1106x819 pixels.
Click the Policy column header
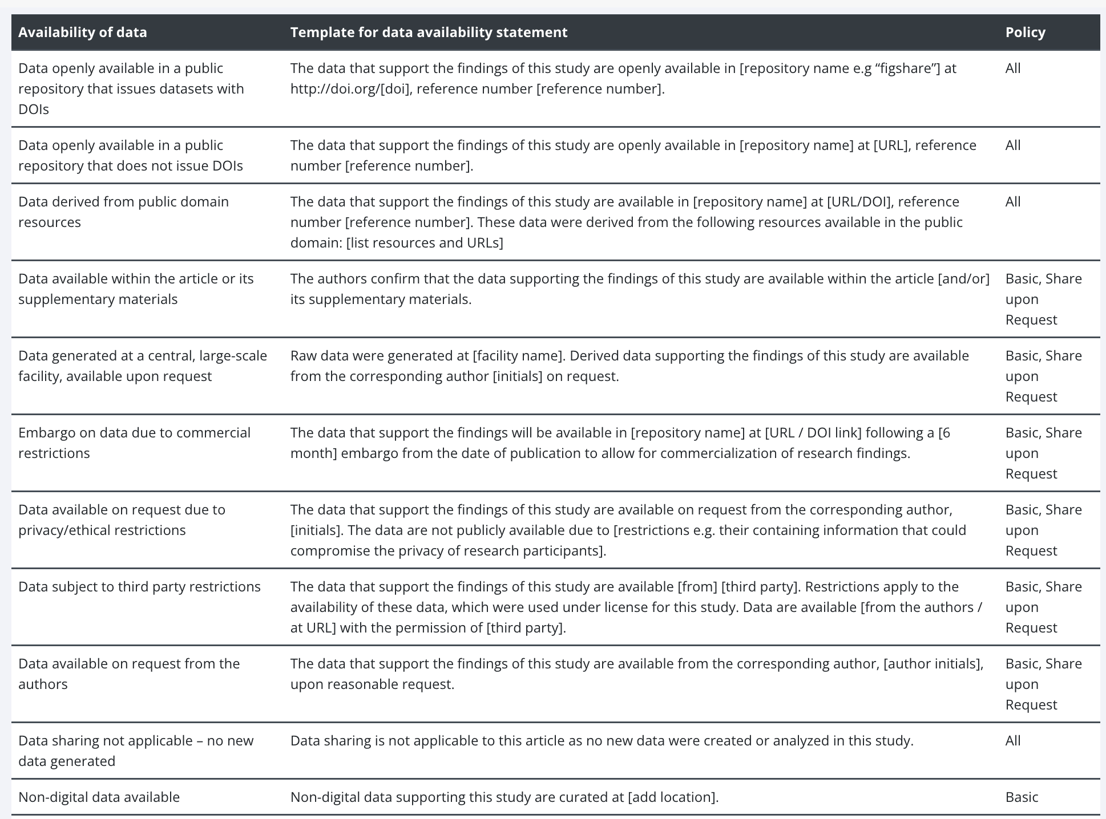coord(1025,32)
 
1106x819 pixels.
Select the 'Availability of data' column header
coord(83,32)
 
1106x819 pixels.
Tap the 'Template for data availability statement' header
coord(429,32)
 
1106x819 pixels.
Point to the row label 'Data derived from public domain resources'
coord(123,212)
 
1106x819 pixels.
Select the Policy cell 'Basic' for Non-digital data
coord(1022,797)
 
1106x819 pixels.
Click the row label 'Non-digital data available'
coord(99,797)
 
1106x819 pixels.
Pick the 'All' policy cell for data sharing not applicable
coord(1013,741)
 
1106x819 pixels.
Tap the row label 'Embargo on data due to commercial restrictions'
coord(134,443)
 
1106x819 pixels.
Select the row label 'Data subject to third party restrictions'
coord(139,587)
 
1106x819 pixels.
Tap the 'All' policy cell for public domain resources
coord(1013,202)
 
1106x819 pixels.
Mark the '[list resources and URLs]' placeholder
coord(425,243)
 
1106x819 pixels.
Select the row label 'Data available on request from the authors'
coord(129,674)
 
